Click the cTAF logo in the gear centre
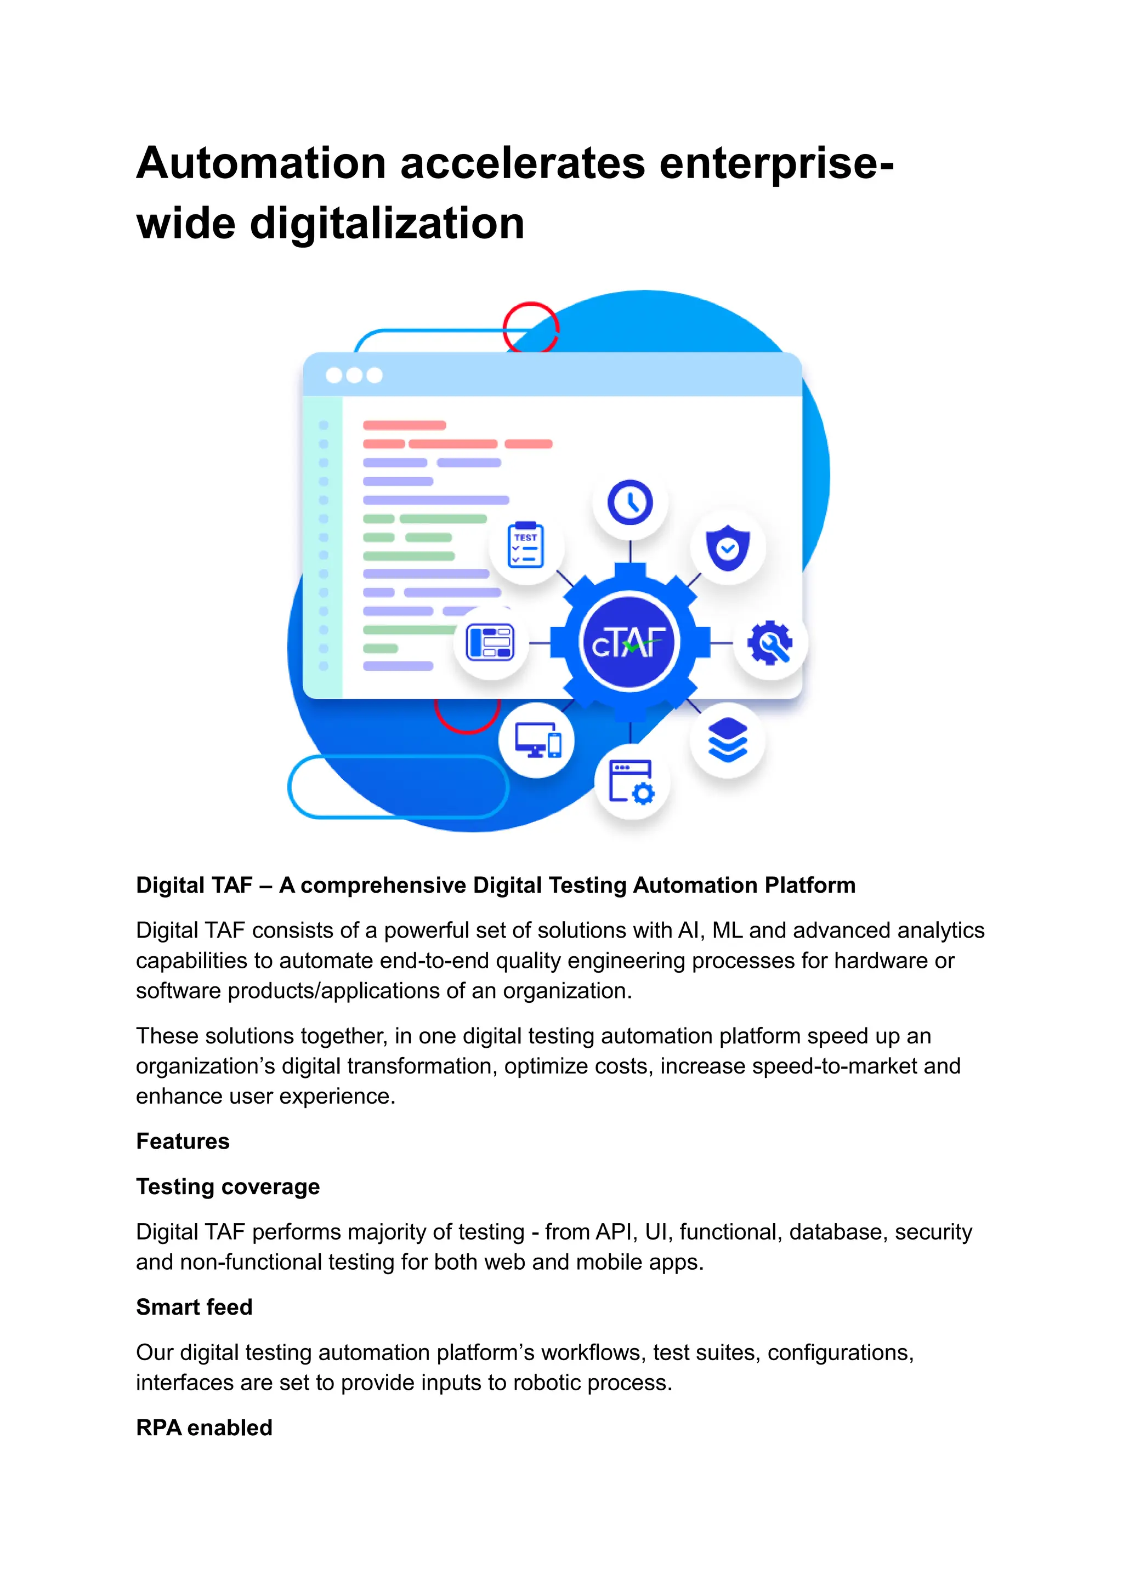628,643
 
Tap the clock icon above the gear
630,503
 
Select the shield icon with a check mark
728,548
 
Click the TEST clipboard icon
526,546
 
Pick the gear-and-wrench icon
770,643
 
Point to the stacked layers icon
728,740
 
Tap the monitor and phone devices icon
537,741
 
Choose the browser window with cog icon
631,782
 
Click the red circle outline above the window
530,328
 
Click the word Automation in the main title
260,164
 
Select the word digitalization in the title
387,224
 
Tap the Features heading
183,1141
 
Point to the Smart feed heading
194,1307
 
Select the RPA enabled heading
204,1428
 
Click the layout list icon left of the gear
490,642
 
